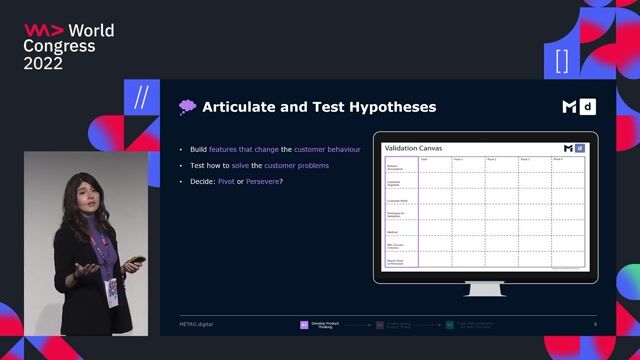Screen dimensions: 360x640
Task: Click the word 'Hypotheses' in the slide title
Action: click(x=391, y=107)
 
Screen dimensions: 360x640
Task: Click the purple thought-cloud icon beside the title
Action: click(x=186, y=107)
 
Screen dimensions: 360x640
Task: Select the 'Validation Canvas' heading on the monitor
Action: click(x=413, y=148)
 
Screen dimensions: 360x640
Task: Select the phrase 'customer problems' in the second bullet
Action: click(x=296, y=165)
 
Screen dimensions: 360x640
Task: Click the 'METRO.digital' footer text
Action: click(x=195, y=324)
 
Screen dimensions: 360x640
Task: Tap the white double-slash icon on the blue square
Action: click(x=141, y=99)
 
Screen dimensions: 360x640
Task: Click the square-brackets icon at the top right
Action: click(x=561, y=59)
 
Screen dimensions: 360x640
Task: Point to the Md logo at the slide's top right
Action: click(x=580, y=107)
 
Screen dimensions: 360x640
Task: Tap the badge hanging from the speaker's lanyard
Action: click(x=112, y=290)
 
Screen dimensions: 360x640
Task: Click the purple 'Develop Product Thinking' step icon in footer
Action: click(x=304, y=324)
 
